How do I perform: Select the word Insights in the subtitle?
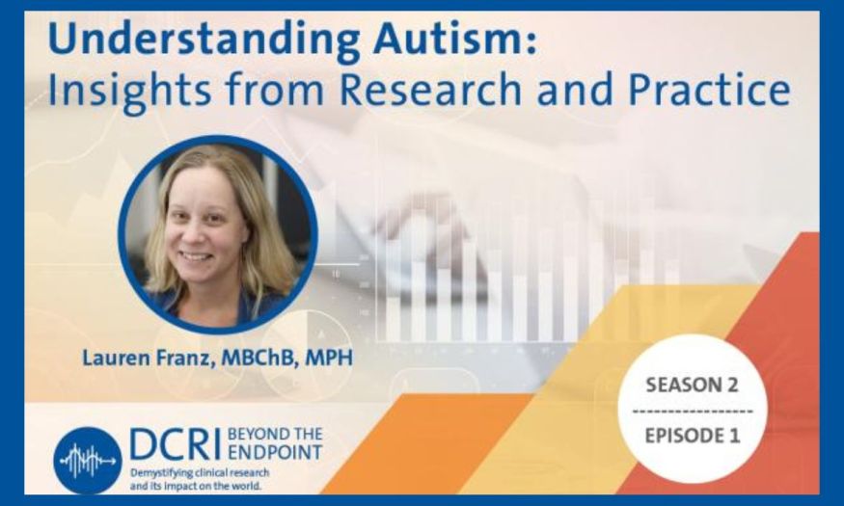(129, 91)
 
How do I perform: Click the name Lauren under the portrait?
(115, 359)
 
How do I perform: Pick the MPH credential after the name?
(329, 359)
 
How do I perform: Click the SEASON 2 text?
(693, 385)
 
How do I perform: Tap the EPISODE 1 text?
(693, 435)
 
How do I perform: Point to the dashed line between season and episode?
(693, 412)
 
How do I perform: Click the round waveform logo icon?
(87, 461)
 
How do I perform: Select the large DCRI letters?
(175, 444)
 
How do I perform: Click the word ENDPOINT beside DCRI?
(275, 453)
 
